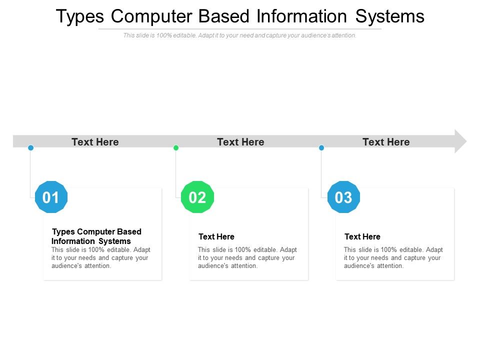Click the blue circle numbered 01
coord(51,197)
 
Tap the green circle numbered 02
coord(197,197)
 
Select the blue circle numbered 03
coord(343,197)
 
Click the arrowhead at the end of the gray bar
coord(460,141)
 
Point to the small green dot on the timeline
coord(176,147)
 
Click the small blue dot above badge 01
coord(30,147)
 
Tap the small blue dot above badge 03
coord(321,147)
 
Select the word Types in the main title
coord(80,16)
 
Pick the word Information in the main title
coord(301,16)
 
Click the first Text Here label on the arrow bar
coord(95,142)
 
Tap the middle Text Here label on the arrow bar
coord(240,142)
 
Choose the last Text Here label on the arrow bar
coord(386,142)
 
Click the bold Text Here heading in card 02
coord(216,236)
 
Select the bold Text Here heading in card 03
coord(362,236)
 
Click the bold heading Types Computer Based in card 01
coord(97,232)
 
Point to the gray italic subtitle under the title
coord(240,35)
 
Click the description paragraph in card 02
coord(247,257)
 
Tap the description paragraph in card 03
coord(393,257)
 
